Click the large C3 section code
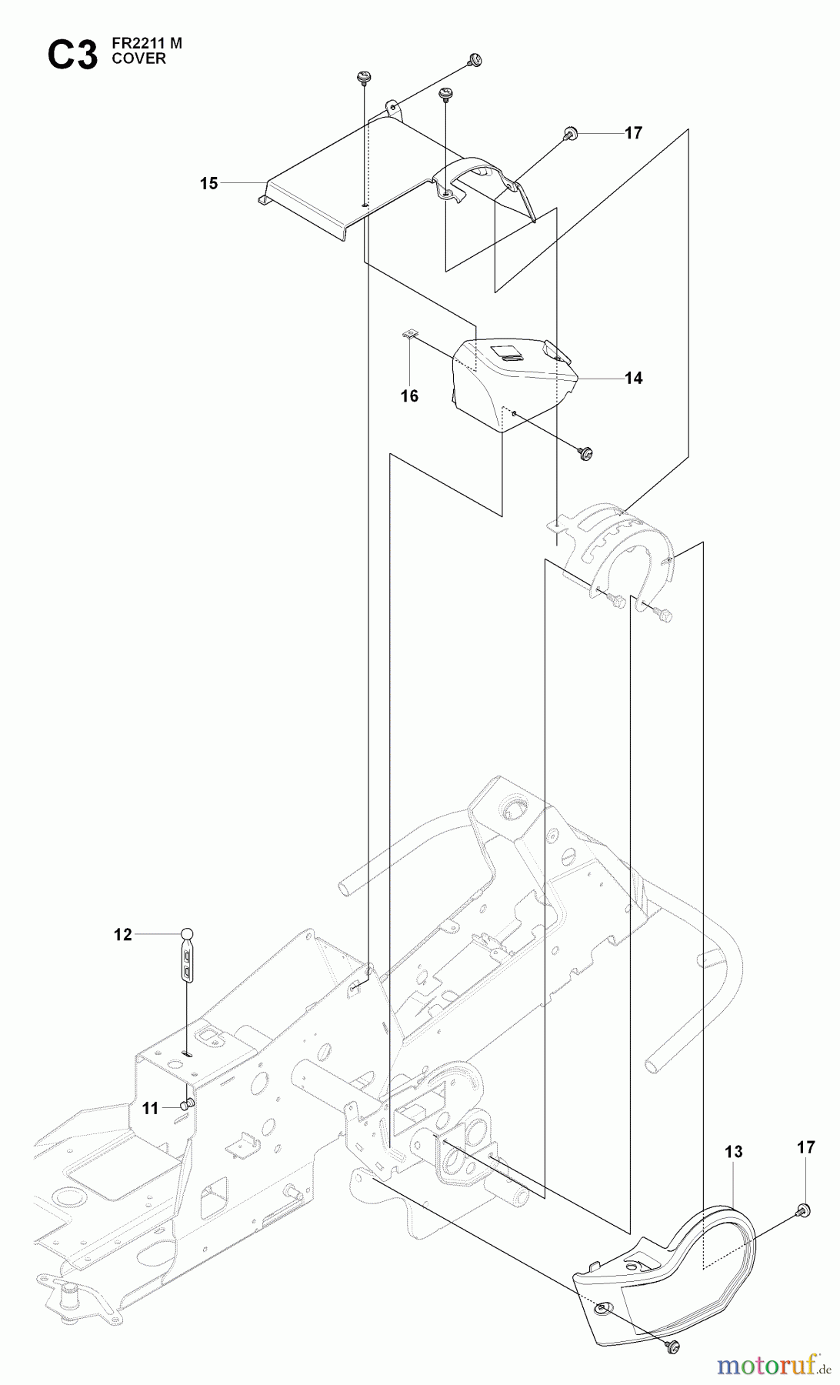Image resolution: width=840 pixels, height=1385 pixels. pyautogui.click(x=72, y=55)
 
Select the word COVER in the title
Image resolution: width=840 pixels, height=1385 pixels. pyautogui.click(x=139, y=59)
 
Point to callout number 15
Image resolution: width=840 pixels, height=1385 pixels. pyautogui.click(x=208, y=183)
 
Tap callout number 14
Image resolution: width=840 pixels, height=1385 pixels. pyautogui.click(x=633, y=378)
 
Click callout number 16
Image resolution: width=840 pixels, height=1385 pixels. pyautogui.click(x=410, y=395)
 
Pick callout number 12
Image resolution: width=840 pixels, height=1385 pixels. pyautogui.click(x=123, y=935)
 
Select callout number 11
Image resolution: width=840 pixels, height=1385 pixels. pyautogui.click(x=150, y=1109)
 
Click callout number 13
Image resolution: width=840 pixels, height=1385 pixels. pyautogui.click(x=734, y=1152)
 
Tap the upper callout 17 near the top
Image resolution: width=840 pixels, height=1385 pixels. pyautogui.click(x=632, y=133)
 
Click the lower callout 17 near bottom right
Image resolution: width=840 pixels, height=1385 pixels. pyautogui.click(x=805, y=1147)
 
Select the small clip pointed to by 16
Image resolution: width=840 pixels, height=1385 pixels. pyautogui.click(x=410, y=334)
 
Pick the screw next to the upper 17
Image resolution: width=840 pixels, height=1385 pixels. pyautogui.click(x=571, y=134)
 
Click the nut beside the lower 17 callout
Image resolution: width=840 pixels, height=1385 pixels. pyautogui.click(x=802, y=1209)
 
